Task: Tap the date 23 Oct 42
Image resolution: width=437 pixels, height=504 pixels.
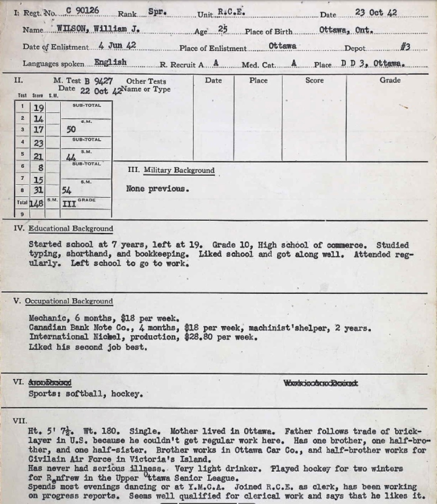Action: point(376,12)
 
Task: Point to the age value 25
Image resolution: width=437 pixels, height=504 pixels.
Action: point(223,30)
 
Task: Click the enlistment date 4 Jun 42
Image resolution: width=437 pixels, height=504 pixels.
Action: point(117,46)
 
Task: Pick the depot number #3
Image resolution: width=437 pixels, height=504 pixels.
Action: point(405,47)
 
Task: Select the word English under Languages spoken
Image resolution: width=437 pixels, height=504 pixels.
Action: point(110,62)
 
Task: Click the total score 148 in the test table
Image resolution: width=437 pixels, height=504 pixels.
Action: point(37,203)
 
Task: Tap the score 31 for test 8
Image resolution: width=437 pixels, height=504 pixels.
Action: point(38,191)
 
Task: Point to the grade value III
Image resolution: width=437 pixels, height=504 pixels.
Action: point(69,203)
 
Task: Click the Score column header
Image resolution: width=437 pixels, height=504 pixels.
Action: point(314,80)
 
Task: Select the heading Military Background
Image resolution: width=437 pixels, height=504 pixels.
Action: point(179,170)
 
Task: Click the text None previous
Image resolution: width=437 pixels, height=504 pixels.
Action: point(157,188)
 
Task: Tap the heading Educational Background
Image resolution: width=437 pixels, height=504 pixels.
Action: point(70,229)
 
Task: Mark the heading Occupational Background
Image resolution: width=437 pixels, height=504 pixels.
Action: point(70,301)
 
